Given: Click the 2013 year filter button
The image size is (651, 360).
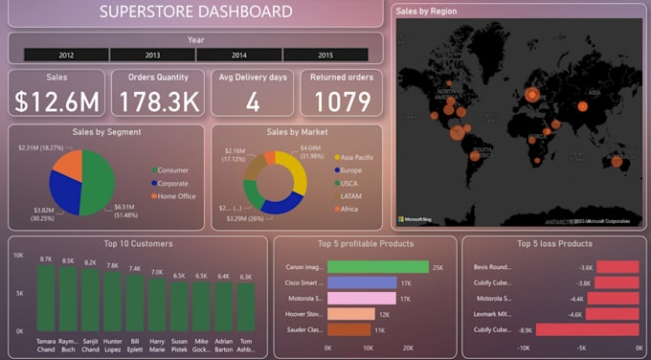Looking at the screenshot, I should click(x=152, y=56).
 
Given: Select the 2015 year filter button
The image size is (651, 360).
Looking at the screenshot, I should click(x=325, y=56).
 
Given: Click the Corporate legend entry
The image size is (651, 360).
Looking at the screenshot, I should click(x=172, y=184).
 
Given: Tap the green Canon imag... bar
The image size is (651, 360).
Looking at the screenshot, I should click(x=378, y=267).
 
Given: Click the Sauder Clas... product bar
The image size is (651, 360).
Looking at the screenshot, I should click(x=348, y=329).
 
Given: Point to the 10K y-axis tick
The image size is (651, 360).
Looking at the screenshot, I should click(x=17, y=256).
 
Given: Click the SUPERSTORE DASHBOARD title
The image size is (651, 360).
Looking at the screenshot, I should click(x=196, y=12).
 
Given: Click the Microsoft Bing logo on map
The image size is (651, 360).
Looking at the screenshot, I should click(x=418, y=219).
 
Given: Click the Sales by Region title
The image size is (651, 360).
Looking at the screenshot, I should click(x=427, y=11).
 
